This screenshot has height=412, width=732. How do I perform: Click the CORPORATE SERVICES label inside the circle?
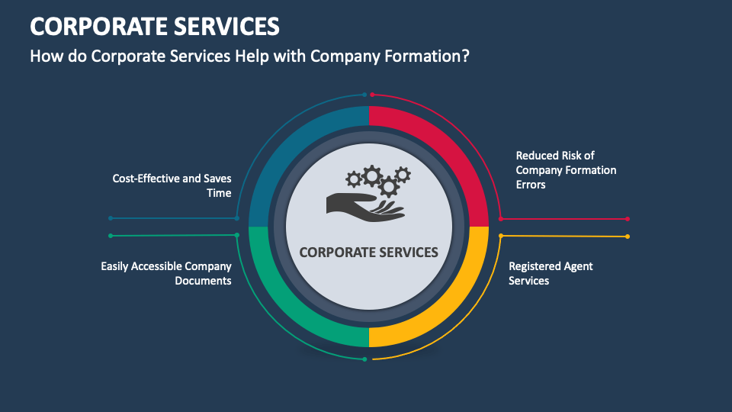[x=369, y=252]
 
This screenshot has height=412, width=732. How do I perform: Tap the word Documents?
[x=203, y=281]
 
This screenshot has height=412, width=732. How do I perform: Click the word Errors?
[x=531, y=185]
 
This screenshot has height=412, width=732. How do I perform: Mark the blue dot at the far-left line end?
[x=111, y=218]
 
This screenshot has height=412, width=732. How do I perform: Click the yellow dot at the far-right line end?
[x=628, y=237]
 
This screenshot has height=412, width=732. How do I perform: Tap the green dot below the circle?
[x=364, y=359]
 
